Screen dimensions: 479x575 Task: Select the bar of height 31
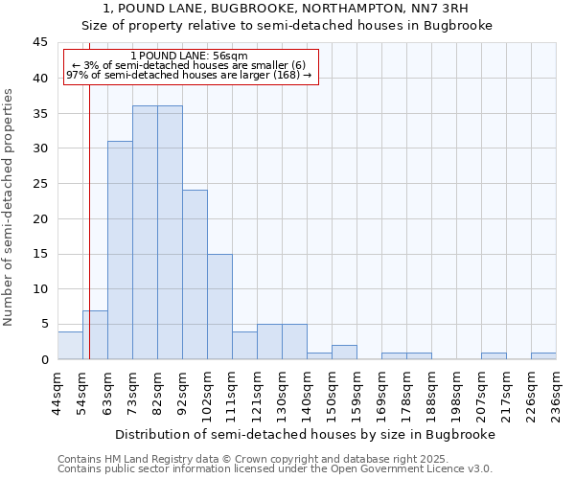coord(120,250)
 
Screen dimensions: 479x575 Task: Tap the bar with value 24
coord(195,275)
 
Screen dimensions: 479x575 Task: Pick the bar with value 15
coord(219,307)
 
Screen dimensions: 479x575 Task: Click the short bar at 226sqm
coord(543,355)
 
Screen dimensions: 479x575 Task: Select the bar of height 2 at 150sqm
coord(344,353)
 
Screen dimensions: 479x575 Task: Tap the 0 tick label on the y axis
coord(44,360)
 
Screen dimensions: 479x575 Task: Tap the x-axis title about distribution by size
coord(307,434)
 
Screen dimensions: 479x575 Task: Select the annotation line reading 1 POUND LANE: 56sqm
coord(189,57)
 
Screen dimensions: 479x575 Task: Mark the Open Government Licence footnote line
coord(275,469)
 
